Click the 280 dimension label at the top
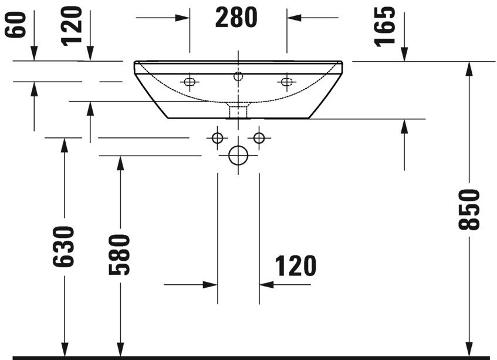tap(236, 18)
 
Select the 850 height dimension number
tap(471, 210)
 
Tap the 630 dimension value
tap(65, 247)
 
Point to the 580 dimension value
tap(119, 255)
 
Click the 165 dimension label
tap(386, 26)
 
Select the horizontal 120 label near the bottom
tap(294, 266)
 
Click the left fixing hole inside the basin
tap(189, 82)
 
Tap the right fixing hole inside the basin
tap(286, 82)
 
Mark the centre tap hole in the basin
tap(238, 76)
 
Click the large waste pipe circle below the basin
tap(238, 155)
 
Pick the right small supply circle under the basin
tap(258, 138)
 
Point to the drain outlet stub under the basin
tap(238, 110)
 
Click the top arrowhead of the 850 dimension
tap(469, 67)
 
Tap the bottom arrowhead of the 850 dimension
tap(469, 350)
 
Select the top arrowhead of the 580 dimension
tap(120, 162)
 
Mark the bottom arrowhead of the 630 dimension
tap(65, 350)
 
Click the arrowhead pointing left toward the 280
tap(293, 17)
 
